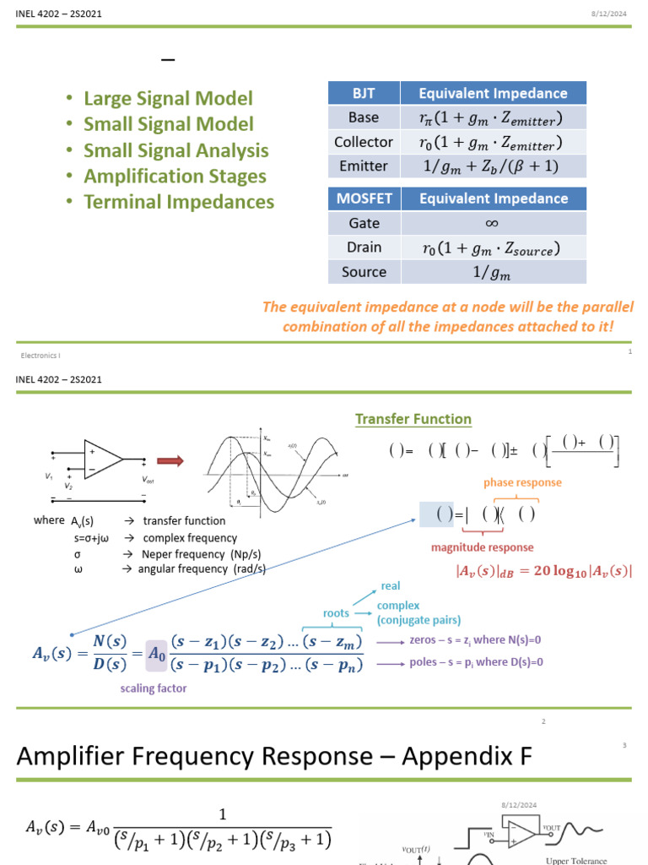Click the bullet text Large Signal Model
click(x=168, y=99)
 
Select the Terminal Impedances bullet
click(x=179, y=202)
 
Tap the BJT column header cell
click(x=363, y=93)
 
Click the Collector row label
click(x=363, y=142)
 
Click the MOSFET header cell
click(x=363, y=199)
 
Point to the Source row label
click(x=363, y=272)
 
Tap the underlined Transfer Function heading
click(x=413, y=419)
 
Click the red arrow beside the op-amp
click(x=171, y=460)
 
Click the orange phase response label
click(x=522, y=482)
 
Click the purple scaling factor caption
click(x=154, y=688)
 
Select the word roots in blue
click(x=336, y=612)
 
